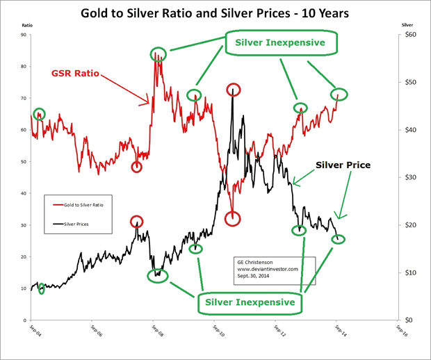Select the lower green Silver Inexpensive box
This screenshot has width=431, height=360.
[250, 302]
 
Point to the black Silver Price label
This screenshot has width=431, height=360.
[343, 165]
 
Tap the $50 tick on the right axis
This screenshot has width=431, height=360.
[410, 82]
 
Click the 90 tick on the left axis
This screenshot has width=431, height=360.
[23, 35]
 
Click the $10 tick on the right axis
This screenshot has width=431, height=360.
[410, 272]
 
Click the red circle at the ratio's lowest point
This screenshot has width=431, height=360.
[232, 218]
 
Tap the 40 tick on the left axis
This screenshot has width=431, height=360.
[23, 194]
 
